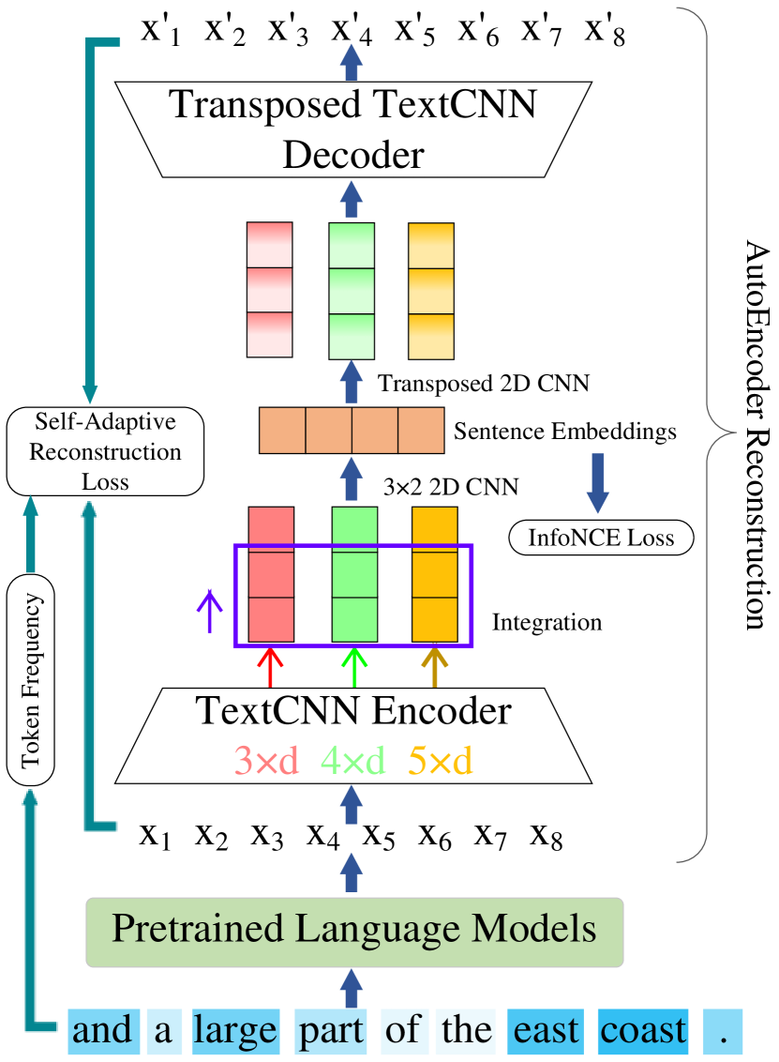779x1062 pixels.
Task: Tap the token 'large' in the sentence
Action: tap(235, 1031)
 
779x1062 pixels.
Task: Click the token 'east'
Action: tap(547, 1031)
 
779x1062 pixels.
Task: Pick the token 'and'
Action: tap(103, 1031)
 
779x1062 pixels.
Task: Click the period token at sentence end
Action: tap(722, 1031)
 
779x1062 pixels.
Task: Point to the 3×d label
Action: tap(266, 761)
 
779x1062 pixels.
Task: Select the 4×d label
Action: tap(353, 761)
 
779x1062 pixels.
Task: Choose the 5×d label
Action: tap(441, 761)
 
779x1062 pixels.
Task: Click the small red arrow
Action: tap(270, 667)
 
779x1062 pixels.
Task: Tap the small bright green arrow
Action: tap(354, 667)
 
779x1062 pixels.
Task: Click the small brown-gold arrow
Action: tap(434, 666)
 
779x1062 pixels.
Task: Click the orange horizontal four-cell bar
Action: tap(352, 431)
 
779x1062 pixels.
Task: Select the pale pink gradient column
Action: tap(269, 290)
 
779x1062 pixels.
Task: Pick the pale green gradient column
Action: tap(352, 291)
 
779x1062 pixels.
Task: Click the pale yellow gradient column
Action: tap(431, 291)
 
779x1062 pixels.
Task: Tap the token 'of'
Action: tap(402, 1031)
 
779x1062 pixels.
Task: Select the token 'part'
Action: tap(330, 1031)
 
